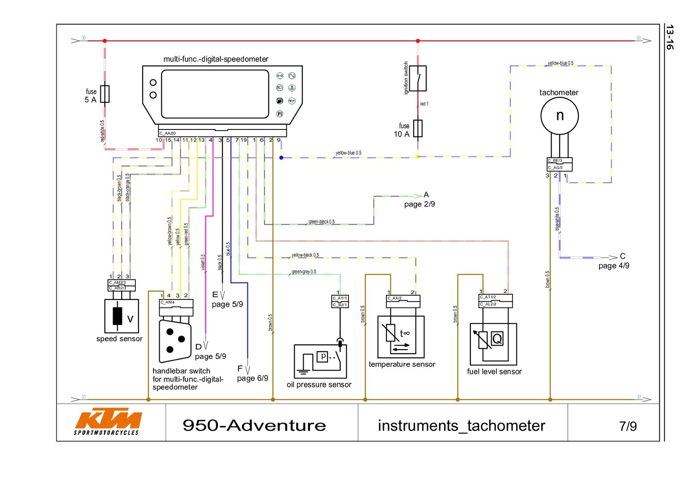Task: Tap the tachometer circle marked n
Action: point(559,116)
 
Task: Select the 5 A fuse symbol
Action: point(105,94)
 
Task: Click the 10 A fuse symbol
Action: point(417,129)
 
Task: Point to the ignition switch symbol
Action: point(417,78)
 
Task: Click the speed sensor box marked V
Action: point(122,316)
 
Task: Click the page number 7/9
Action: point(627,426)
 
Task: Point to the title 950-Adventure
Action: point(254,425)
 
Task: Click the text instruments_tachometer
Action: point(461,426)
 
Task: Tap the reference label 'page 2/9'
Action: point(419,204)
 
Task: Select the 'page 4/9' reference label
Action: point(613,266)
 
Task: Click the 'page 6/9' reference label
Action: point(252,378)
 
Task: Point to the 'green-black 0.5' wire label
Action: point(321,222)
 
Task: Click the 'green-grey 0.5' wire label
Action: point(304,272)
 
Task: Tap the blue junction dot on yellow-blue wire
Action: point(281,157)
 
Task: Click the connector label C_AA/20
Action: point(167,133)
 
